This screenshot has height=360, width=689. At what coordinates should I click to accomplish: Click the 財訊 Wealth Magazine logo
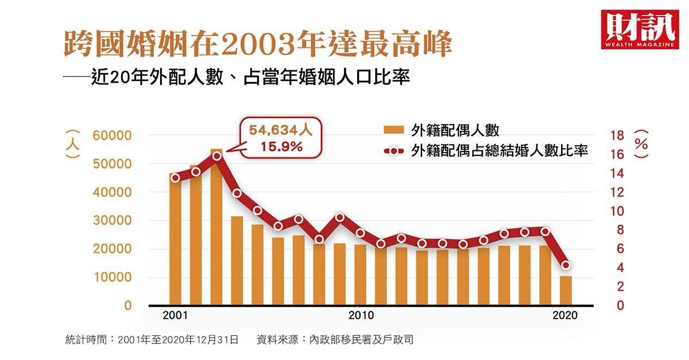tap(636, 29)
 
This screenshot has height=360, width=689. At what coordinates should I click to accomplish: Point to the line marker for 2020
tap(566, 265)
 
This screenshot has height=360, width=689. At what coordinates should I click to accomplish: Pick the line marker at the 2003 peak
tap(216, 156)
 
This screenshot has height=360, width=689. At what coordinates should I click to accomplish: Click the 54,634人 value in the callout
tap(281, 131)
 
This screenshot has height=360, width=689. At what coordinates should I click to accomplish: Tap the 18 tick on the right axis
tap(616, 136)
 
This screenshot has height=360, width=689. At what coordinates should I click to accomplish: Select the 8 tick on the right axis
tap(620, 230)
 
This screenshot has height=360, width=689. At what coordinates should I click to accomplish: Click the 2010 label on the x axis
tap(361, 316)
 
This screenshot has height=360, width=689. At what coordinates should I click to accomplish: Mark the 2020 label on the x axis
tap(565, 316)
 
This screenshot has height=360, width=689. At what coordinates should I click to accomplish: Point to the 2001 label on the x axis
tap(175, 316)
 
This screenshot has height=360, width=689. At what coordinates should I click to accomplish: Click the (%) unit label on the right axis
tap(642, 144)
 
